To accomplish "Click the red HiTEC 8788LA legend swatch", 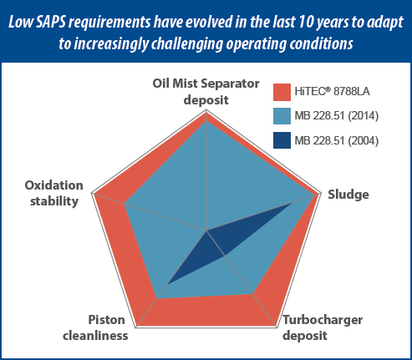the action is (282, 92).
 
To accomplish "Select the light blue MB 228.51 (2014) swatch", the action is (282, 116).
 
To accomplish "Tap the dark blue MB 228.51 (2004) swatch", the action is (282, 140).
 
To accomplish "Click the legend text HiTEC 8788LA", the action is (332, 92).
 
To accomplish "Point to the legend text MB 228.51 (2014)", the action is (337, 116).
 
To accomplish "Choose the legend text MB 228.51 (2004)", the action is (337, 140).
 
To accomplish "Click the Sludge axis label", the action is (348, 195).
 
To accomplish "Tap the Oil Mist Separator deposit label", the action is (206, 92).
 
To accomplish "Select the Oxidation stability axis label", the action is (54, 193).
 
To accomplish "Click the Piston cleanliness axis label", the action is (95, 327).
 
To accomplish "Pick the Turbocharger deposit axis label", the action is (323, 327).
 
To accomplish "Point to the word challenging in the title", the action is (187, 44).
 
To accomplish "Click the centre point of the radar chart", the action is (206, 231).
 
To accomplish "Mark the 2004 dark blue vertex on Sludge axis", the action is (292, 203).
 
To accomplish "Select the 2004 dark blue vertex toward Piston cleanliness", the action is (167, 284).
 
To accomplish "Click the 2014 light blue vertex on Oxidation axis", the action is (125, 204).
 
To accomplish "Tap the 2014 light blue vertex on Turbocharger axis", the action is (252, 294).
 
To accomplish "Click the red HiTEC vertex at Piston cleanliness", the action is (136, 327).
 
